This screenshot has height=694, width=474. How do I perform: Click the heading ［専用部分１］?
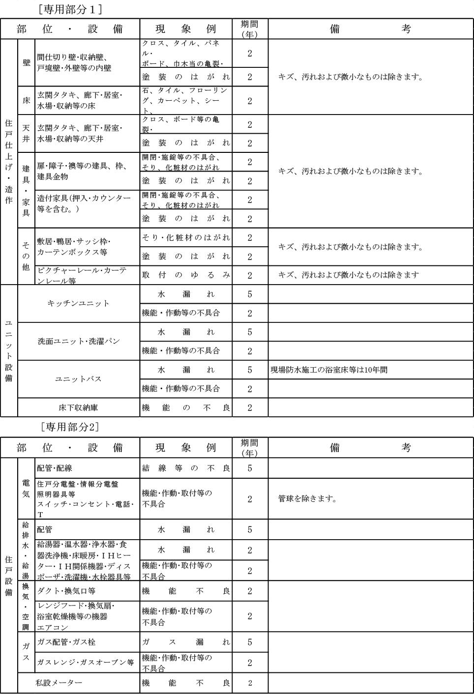[x=69, y=9]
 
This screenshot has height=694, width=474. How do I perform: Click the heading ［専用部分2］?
[x=69, y=427]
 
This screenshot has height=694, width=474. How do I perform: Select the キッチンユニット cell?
[x=78, y=303]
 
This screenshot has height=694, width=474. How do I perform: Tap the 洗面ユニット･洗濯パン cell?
[x=79, y=341]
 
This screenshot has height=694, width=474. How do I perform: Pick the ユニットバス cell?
[x=78, y=379]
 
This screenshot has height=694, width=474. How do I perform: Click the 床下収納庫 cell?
[x=78, y=407]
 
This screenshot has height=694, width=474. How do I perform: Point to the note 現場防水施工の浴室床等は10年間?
[x=328, y=370]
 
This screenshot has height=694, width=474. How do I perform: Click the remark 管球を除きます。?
[x=308, y=499]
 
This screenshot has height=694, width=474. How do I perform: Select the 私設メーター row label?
[x=59, y=683]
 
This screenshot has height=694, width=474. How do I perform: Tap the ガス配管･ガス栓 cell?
[x=66, y=642]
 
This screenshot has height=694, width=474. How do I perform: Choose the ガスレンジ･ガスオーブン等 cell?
[x=86, y=662]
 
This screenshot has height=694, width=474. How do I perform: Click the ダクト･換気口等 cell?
[x=66, y=591]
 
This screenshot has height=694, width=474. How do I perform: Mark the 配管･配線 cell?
[x=55, y=468]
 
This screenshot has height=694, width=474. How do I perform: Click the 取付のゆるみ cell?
[x=186, y=275]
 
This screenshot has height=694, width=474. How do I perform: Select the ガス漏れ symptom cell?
[x=186, y=642]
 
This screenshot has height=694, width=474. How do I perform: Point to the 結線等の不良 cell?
[x=186, y=468]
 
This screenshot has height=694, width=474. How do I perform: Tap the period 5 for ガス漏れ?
[x=250, y=642]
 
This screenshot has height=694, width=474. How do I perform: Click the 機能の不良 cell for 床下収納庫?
[x=186, y=407]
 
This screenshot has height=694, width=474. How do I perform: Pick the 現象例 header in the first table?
[x=186, y=29]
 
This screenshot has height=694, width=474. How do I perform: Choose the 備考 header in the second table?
[x=370, y=447]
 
